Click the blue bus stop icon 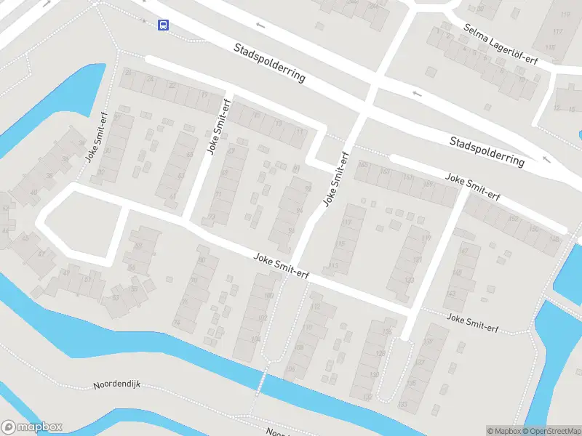163,25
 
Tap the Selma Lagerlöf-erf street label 501,44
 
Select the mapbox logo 32,427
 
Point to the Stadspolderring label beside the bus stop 269,62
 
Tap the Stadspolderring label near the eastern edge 487,151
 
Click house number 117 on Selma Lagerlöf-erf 558,32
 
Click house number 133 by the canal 402,404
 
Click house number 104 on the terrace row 255,339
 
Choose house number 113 333,265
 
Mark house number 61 172,196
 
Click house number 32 101,172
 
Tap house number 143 451,294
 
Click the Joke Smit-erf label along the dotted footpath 472,323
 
